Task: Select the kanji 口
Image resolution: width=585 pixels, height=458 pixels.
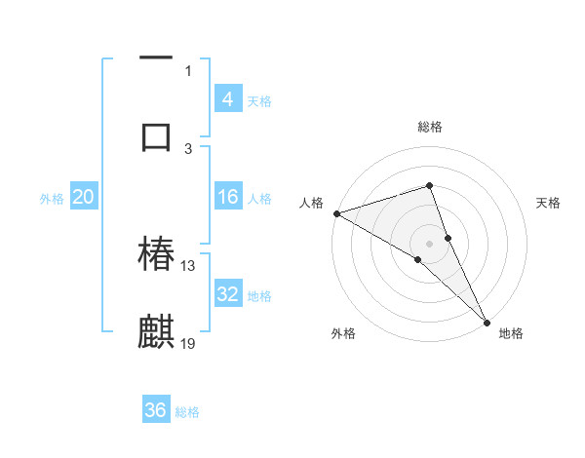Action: point(156,134)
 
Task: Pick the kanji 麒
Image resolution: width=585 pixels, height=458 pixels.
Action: point(156,330)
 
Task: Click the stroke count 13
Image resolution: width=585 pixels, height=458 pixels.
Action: point(188,265)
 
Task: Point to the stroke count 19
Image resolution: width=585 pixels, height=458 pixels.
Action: point(188,343)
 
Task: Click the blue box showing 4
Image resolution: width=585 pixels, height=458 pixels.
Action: point(228,98)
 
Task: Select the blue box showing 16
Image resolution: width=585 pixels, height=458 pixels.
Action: point(228,197)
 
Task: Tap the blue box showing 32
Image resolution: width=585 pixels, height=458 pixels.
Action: point(228,294)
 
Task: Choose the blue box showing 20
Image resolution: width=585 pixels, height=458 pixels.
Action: point(84,197)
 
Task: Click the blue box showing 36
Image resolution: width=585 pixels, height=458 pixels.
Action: point(156,410)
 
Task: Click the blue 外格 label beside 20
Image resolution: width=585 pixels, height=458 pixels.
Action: point(52,198)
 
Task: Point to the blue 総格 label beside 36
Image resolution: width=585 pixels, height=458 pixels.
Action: point(187,411)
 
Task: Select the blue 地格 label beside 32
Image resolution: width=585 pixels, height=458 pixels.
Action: point(259,295)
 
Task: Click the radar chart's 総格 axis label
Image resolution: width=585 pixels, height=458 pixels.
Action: point(430,127)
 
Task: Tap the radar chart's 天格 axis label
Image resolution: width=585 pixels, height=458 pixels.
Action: point(549,203)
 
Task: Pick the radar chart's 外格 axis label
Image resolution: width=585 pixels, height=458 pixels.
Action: point(343,333)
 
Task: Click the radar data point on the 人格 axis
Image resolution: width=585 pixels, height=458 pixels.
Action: point(336,212)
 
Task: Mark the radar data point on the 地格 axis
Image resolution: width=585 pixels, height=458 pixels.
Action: point(487,319)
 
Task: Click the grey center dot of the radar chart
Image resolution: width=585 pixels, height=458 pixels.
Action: point(430,242)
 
